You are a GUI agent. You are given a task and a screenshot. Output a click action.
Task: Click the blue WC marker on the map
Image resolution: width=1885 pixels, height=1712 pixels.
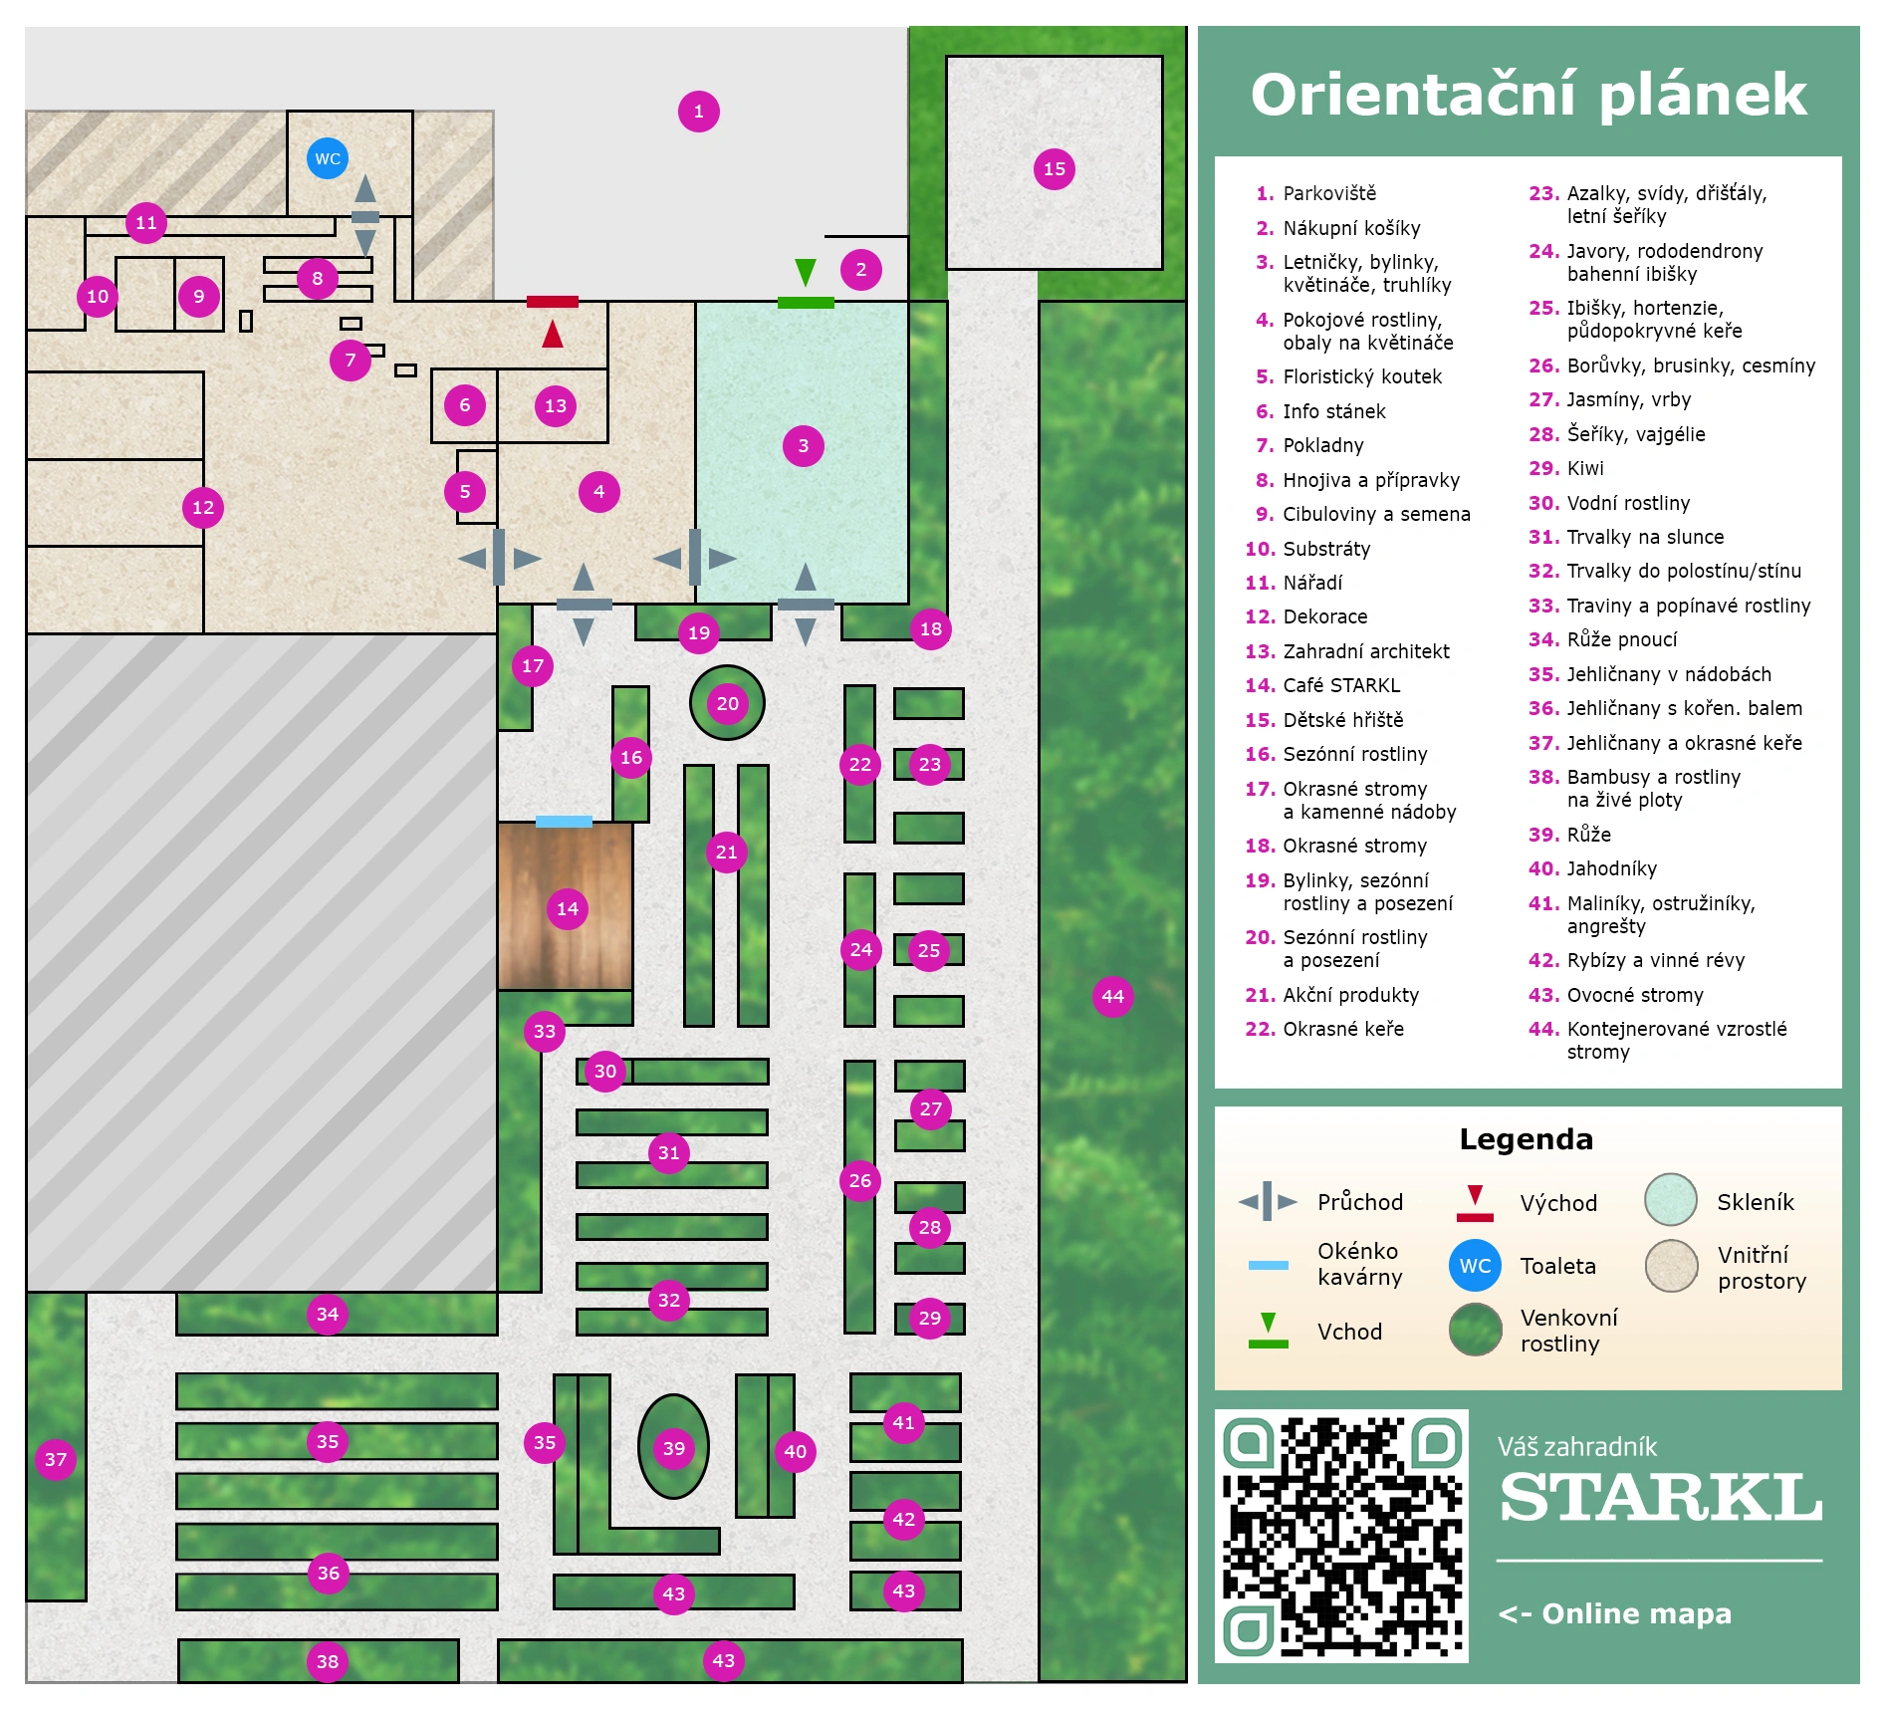click(328, 158)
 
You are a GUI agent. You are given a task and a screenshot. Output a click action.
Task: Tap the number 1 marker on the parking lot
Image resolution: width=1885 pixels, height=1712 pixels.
click(699, 112)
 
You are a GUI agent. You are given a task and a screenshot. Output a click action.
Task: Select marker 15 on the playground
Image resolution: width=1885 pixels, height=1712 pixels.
click(1055, 169)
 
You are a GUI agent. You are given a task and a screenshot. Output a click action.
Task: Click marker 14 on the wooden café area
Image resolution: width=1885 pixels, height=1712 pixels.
click(568, 908)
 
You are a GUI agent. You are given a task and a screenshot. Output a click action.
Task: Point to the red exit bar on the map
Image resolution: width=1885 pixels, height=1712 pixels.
click(553, 302)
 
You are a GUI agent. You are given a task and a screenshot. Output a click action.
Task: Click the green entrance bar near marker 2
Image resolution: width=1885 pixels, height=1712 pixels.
click(806, 303)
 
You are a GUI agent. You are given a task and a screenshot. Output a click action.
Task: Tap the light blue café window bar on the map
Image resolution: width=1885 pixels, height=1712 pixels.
click(564, 822)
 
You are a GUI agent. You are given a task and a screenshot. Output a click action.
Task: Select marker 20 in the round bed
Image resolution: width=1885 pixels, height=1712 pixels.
click(728, 703)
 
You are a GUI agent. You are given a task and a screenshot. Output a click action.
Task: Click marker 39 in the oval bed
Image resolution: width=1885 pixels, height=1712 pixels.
click(674, 1448)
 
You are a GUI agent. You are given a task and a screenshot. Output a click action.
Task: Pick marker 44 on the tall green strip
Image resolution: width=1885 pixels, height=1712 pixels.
click(1113, 996)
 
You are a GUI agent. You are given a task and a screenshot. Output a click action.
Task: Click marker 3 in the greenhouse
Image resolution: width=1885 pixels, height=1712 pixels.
click(804, 446)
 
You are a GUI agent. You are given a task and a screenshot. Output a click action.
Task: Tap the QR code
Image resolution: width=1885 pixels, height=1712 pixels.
click(1341, 1536)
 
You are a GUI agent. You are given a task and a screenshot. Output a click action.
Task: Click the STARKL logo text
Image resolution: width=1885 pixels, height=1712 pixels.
click(1661, 1498)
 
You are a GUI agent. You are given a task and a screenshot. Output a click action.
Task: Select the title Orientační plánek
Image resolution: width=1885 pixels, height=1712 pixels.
click(1529, 95)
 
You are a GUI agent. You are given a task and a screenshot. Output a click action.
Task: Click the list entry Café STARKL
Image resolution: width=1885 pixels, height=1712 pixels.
click(1341, 685)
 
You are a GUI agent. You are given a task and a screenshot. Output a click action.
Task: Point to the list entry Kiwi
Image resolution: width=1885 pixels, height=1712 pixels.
click(1585, 468)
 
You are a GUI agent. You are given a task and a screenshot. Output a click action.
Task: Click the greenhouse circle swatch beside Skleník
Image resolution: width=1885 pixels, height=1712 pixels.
click(1671, 1199)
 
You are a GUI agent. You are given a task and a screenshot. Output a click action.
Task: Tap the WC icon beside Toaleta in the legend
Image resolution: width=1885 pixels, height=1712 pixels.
click(1475, 1265)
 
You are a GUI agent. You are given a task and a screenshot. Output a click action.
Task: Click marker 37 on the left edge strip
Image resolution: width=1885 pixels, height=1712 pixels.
click(56, 1460)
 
